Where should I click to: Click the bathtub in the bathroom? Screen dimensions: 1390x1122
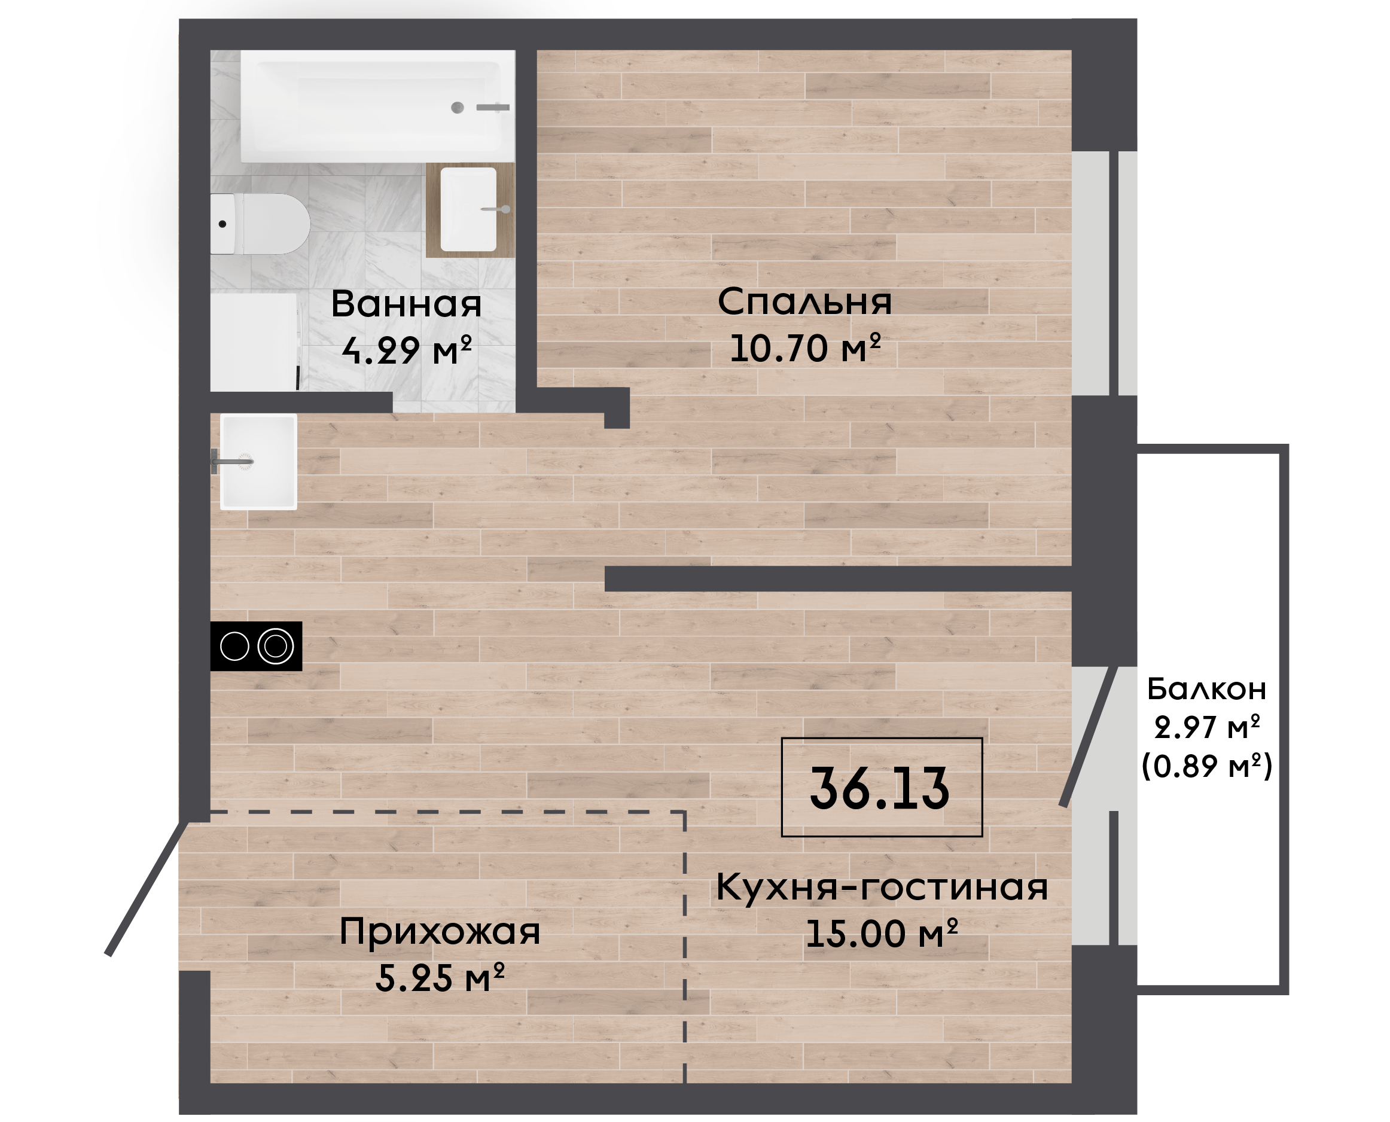click(x=378, y=106)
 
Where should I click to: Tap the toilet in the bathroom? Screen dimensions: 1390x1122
click(x=260, y=224)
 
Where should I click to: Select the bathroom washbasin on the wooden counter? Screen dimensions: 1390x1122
click(x=469, y=209)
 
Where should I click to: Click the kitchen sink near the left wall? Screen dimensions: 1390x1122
click(x=258, y=462)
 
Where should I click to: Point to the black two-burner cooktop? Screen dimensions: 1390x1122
click(x=256, y=646)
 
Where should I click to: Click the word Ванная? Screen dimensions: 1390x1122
click(x=407, y=304)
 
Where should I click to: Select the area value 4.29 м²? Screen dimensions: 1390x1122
click(x=407, y=351)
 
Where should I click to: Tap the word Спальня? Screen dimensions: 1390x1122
click(x=804, y=302)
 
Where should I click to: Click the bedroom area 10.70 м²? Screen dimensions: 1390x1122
click(x=805, y=347)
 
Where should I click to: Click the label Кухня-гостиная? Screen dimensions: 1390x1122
click(x=882, y=888)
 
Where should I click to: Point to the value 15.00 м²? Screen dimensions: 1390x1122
click(x=882, y=933)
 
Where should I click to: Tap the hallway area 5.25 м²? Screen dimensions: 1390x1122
click(x=440, y=978)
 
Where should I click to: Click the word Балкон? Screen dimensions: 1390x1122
click(x=1206, y=689)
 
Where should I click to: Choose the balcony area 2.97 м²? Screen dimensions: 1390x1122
click(x=1207, y=728)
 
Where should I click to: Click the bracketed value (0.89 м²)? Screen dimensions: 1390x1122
click(x=1207, y=767)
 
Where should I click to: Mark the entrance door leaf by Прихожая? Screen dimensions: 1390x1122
click(x=147, y=888)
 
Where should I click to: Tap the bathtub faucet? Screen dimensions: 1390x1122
click(x=493, y=107)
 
